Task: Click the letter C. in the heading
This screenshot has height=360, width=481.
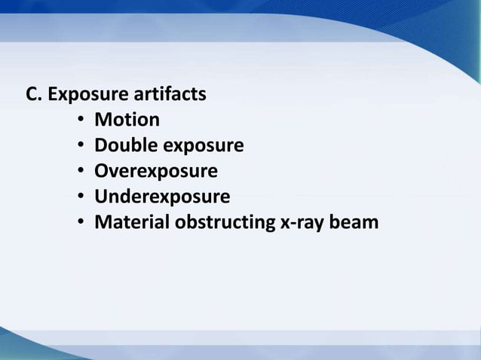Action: pos(35,96)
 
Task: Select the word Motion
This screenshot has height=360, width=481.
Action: pos(127,121)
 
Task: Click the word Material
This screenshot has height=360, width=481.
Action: pos(132,224)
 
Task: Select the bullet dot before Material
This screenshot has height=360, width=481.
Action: pos(80,224)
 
